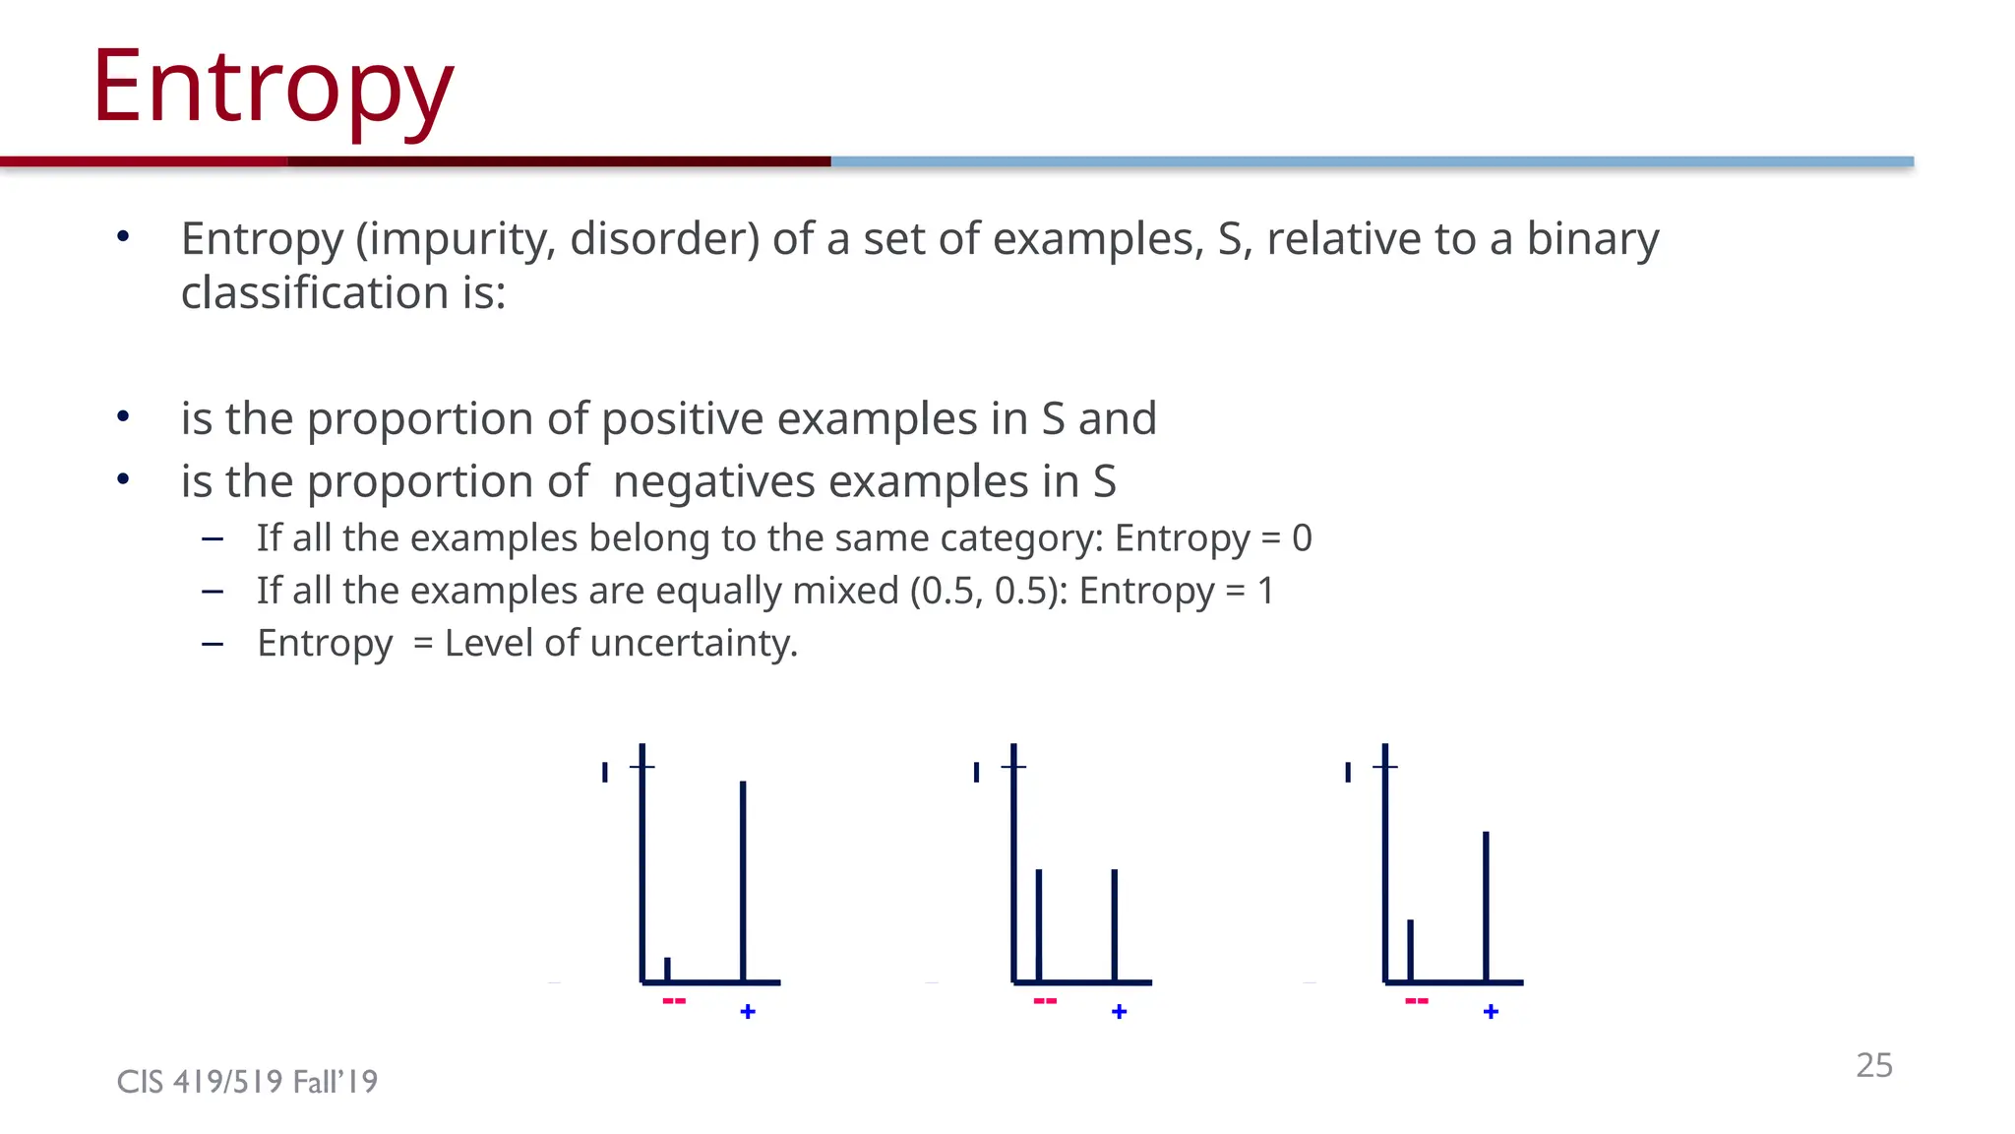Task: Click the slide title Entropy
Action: (273, 89)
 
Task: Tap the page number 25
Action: (1873, 1065)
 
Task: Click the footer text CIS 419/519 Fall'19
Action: (247, 1082)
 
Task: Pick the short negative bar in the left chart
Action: (667, 969)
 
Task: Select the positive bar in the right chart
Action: (1486, 905)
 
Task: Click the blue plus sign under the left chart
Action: (748, 1012)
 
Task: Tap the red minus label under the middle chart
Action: (1045, 1001)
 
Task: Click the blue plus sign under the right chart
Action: (1491, 1012)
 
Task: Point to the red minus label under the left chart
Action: (674, 1001)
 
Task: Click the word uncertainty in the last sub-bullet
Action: (694, 644)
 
